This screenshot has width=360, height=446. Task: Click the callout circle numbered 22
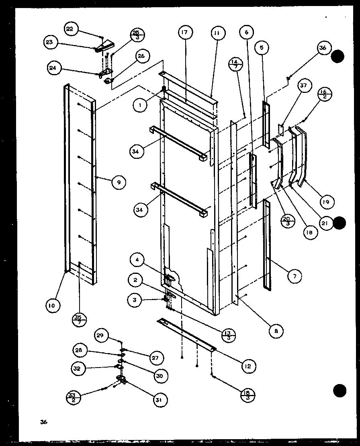[x=70, y=29]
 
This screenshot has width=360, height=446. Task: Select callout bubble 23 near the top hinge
[x=52, y=43]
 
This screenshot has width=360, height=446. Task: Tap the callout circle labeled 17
[x=186, y=33]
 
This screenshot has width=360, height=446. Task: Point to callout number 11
[x=216, y=33]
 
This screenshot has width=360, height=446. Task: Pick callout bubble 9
[x=119, y=182]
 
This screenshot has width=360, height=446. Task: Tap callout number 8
[x=276, y=331]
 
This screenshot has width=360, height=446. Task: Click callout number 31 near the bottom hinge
[x=160, y=399]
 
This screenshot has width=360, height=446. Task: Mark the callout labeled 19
[x=325, y=201]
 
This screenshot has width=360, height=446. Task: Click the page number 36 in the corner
[x=43, y=422]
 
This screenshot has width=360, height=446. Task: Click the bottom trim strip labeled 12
[x=187, y=333]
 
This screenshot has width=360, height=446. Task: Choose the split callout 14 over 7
[x=236, y=66]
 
